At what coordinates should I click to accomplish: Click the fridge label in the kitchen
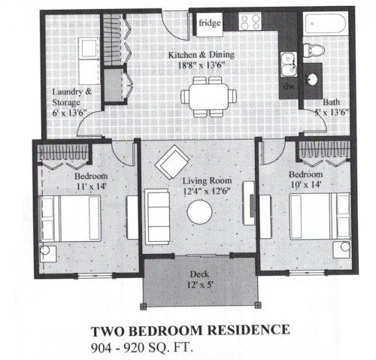(210, 24)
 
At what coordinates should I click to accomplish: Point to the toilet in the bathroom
(316, 51)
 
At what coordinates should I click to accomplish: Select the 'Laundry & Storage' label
(72, 98)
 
